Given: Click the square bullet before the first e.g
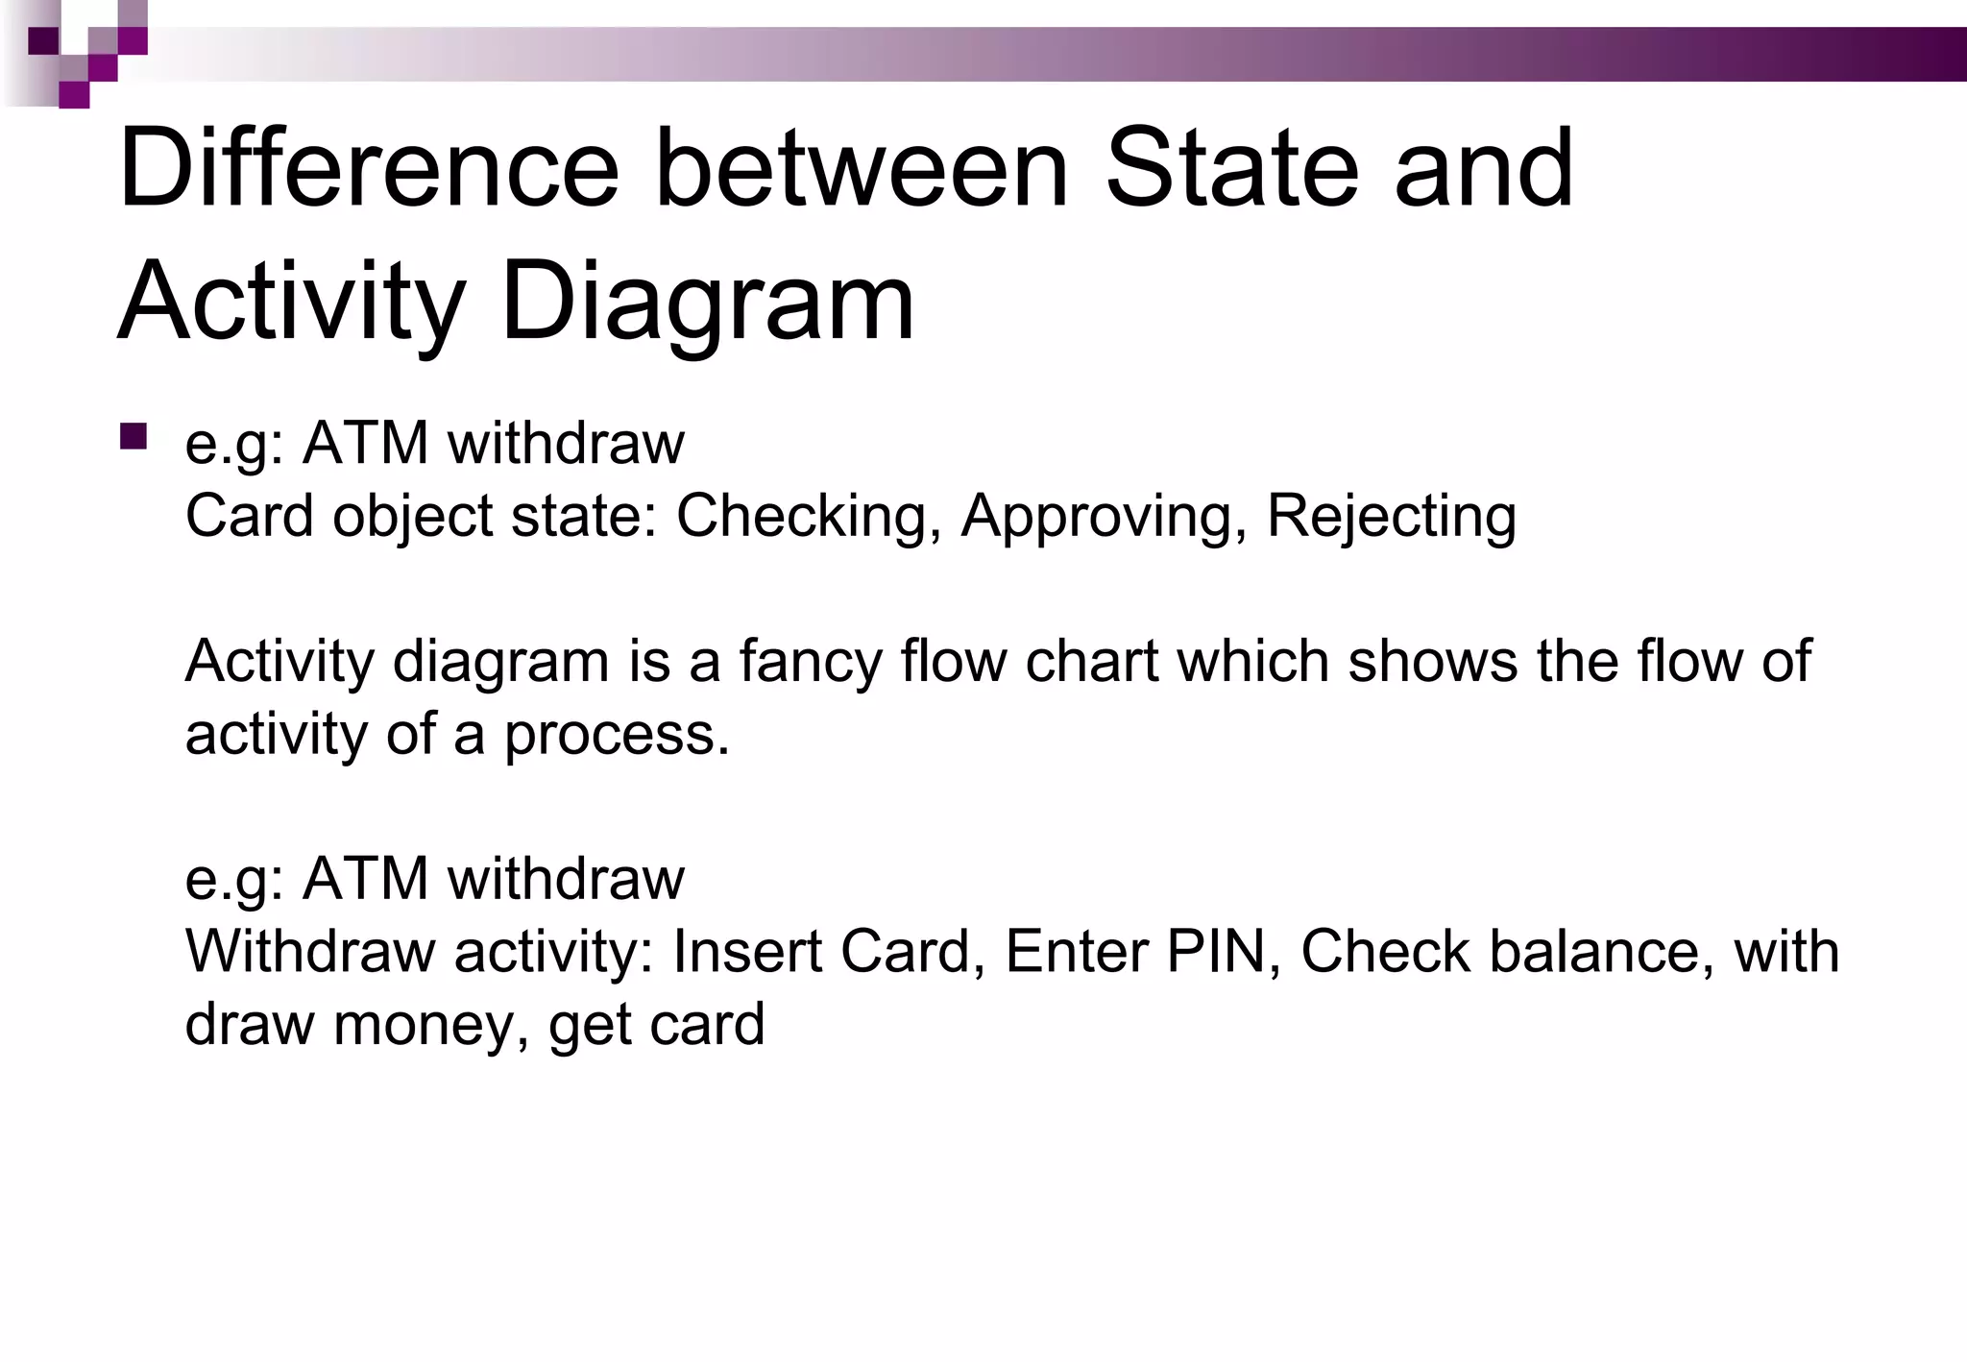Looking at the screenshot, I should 134,437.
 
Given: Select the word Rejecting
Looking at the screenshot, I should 1391,517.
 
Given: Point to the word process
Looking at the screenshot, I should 617,736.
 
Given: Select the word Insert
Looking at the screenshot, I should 746,952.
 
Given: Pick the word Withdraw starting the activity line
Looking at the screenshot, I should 310,952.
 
